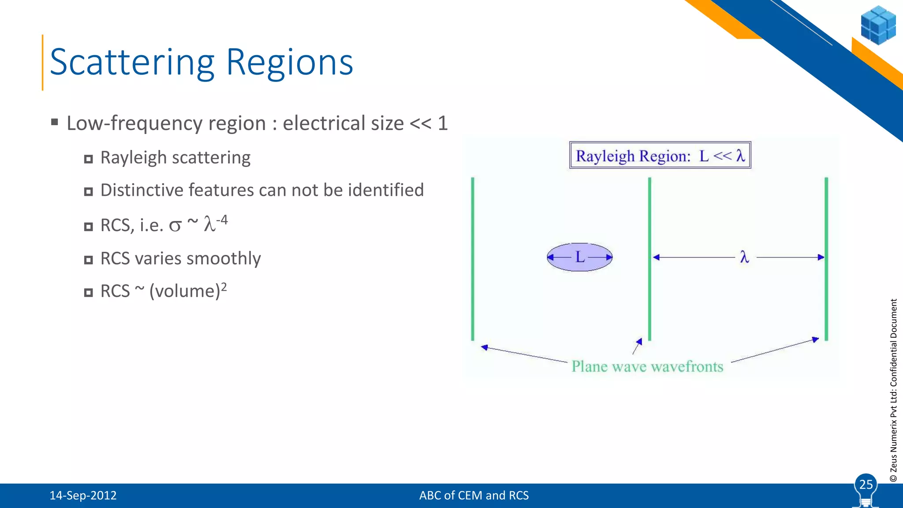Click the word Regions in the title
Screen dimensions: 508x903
[x=289, y=63]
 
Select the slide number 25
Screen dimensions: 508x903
[x=866, y=485]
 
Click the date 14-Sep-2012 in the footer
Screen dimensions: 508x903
[x=83, y=496]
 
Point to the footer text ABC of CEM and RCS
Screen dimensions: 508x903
[x=474, y=496]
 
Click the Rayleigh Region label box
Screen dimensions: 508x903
[x=660, y=156]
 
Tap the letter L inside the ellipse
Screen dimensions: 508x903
[x=580, y=257]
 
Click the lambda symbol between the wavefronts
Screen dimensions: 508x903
[x=745, y=257]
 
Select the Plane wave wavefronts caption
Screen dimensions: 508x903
[x=647, y=366]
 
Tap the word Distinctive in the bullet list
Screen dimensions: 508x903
[x=141, y=190]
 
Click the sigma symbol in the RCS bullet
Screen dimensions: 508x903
[x=175, y=226]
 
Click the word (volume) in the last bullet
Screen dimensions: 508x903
[x=185, y=291]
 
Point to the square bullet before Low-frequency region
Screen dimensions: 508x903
[x=55, y=122]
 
